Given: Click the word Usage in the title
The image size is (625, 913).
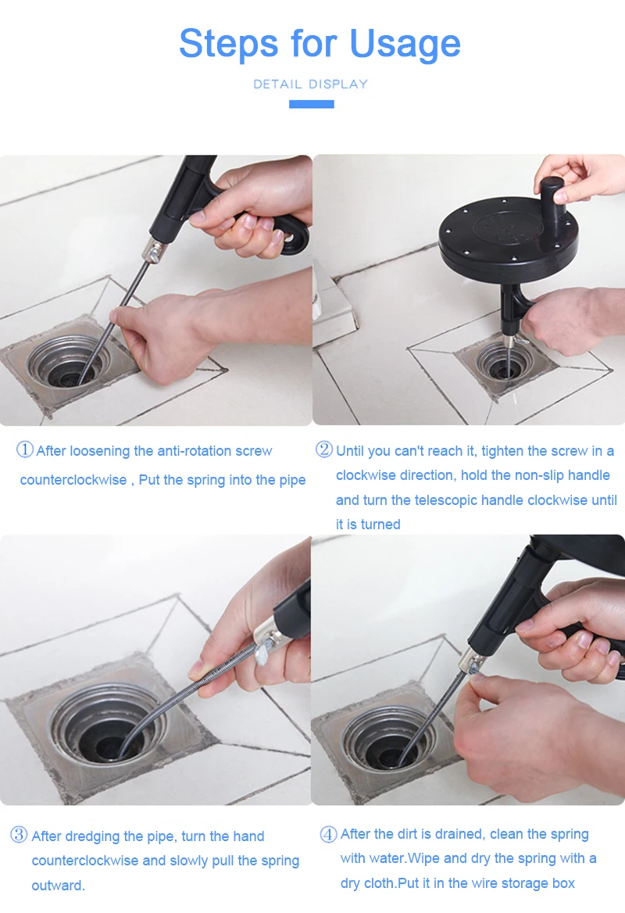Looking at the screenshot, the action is (405, 45).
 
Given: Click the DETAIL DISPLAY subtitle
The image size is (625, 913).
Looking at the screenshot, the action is (311, 84).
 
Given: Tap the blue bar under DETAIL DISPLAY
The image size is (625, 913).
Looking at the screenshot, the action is (312, 104).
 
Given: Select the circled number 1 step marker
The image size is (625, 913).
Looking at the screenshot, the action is (24, 449).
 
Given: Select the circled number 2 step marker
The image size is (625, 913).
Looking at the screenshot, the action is (324, 449).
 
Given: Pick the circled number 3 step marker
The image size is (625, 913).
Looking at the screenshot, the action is (20, 835).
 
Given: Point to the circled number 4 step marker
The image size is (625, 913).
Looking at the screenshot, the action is (328, 834).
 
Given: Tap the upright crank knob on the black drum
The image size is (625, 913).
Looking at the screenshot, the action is (553, 201).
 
